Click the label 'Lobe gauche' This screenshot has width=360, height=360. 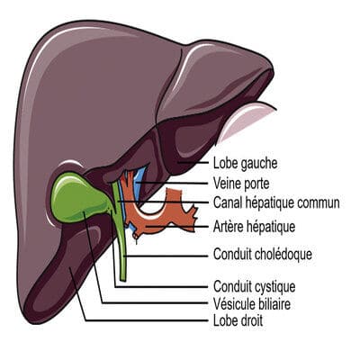point(245,163)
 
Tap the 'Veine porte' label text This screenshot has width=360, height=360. point(241,184)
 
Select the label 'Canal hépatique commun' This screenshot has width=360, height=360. point(276,203)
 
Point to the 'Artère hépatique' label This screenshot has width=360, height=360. point(254,226)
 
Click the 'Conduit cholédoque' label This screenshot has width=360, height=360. point(263,255)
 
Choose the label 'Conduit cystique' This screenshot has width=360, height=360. point(254,286)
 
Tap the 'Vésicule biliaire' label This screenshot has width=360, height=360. point(252,304)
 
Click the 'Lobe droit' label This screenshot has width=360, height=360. point(238,320)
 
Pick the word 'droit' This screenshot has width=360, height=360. point(250,320)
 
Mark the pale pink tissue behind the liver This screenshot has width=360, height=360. point(246,120)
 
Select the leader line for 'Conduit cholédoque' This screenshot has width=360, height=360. point(166,256)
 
